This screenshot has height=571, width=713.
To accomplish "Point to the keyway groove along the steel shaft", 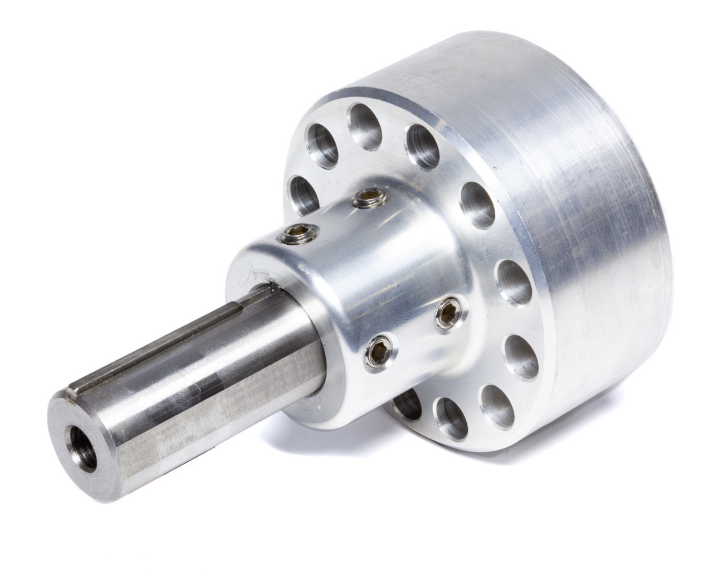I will pyautogui.click(x=167, y=335).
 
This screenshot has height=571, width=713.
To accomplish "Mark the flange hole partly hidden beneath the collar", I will pyautogui.click(x=406, y=397).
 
